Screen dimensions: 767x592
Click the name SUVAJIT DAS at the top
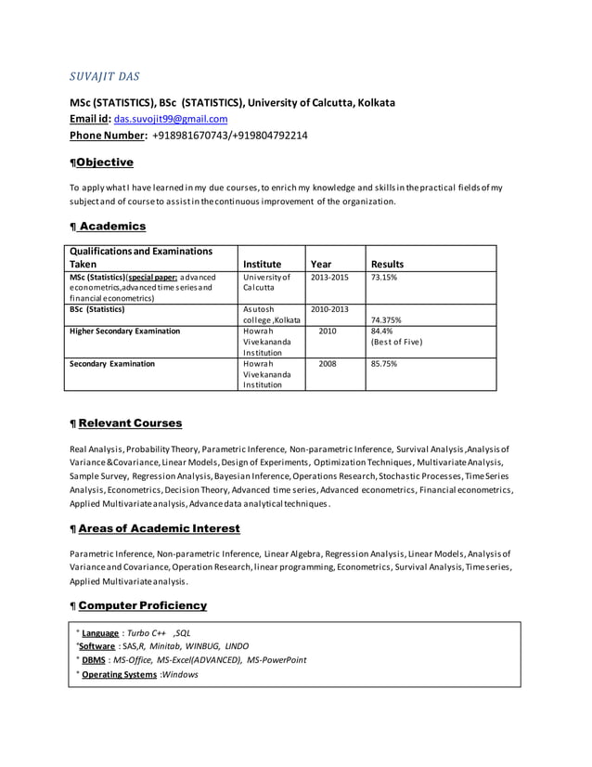(x=106, y=75)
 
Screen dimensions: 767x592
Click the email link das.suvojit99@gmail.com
(x=171, y=120)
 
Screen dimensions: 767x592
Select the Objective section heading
(x=104, y=162)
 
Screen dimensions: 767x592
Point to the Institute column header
(x=262, y=264)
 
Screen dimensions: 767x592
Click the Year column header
(x=321, y=264)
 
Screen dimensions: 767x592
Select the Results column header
(x=387, y=264)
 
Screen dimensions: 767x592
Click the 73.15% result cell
(x=384, y=277)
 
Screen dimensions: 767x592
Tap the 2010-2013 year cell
(x=329, y=308)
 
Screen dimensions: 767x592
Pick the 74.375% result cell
(x=386, y=319)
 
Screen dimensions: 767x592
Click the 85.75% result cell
(x=384, y=364)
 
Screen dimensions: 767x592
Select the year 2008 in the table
(x=328, y=364)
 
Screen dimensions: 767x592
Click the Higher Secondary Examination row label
(x=125, y=331)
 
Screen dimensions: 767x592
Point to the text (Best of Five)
(x=396, y=342)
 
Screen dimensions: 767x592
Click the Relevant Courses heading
(x=130, y=423)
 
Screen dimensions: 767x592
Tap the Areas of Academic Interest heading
(x=159, y=528)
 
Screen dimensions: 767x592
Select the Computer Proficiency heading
(x=142, y=605)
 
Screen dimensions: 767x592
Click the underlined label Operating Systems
(x=120, y=674)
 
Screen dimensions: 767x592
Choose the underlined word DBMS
(x=93, y=660)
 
